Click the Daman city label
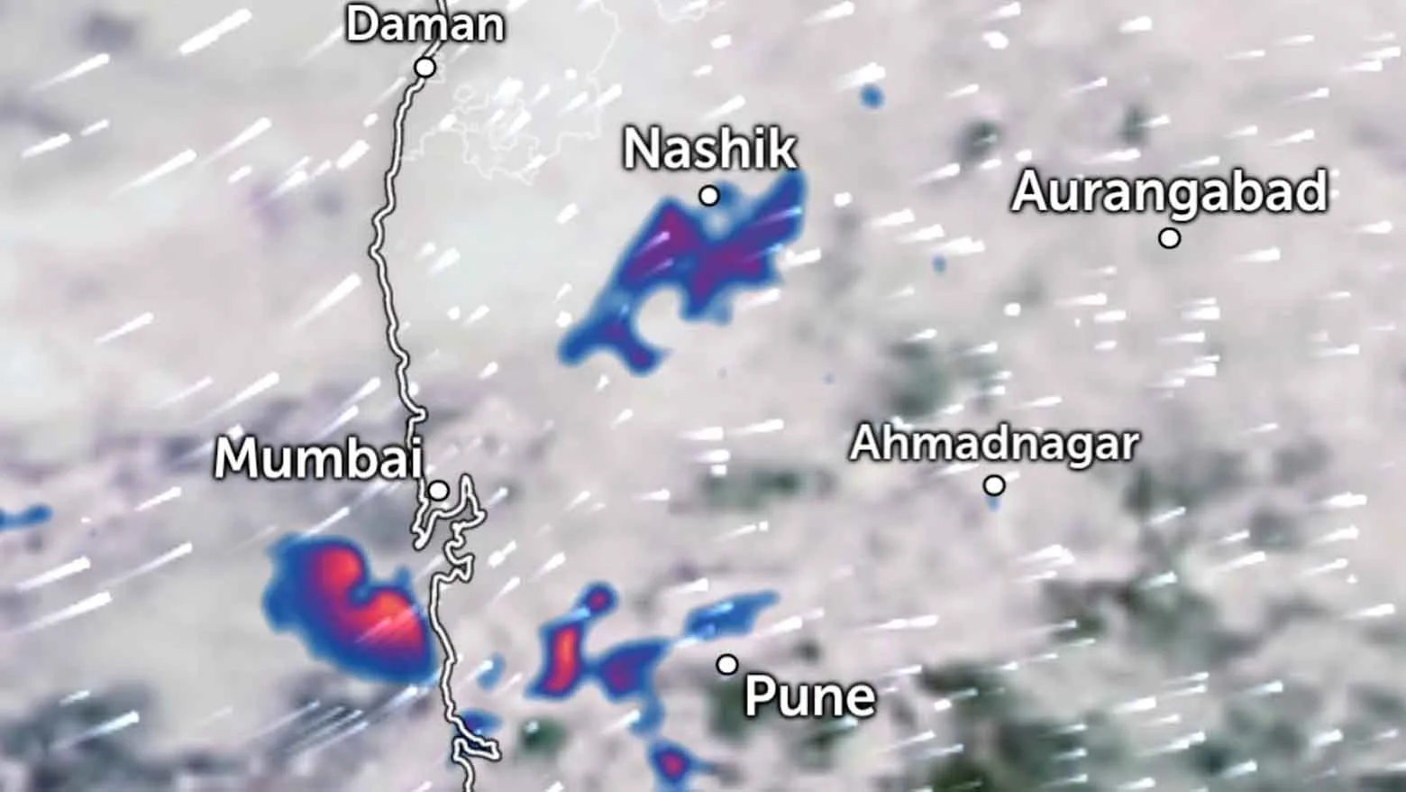pyautogui.click(x=425, y=24)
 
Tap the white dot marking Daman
pyautogui.click(x=425, y=68)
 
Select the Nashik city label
pyautogui.click(x=710, y=149)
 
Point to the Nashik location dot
pyautogui.click(x=709, y=196)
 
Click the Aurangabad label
pyautogui.click(x=1169, y=192)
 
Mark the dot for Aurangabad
pyautogui.click(x=1169, y=239)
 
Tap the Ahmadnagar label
pyautogui.click(x=994, y=444)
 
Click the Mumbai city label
pyautogui.click(x=318, y=458)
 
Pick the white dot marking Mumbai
pyautogui.click(x=438, y=492)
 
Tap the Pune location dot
pyautogui.click(x=727, y=665)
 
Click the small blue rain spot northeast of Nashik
pyautogui.click(x=871, y=96)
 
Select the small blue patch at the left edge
pyautogui.click(x=22, y=518)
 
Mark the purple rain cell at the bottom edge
pyautogui.click(x=671, y=766)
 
